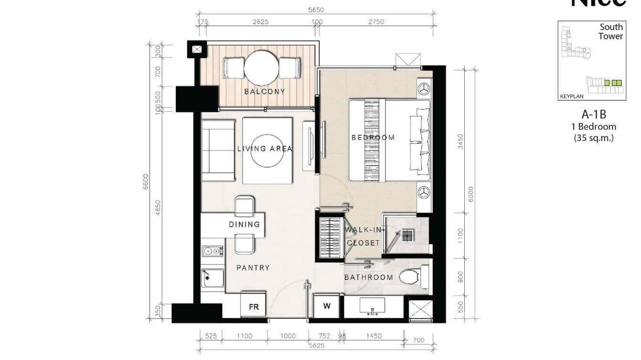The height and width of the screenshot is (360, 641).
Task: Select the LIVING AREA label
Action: [265, 148]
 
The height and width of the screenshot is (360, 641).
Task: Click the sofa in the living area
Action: [218, 150]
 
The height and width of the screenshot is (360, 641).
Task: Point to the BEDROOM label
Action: [373, 138]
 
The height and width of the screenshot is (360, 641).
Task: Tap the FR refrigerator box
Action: [254, 307]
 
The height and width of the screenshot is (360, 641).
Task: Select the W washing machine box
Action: [327, 306]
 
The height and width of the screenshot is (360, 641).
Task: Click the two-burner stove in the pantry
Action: [212, 251]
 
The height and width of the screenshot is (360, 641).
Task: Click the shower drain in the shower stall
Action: [407, 235]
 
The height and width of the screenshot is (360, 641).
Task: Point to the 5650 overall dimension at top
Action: [316, 10]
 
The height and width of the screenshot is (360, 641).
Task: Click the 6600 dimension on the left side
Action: [146, 182]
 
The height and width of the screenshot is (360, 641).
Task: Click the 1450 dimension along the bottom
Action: [374, 336]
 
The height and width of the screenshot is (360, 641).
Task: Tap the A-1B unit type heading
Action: [594, 114]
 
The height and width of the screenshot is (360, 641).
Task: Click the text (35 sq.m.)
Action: [594, 138]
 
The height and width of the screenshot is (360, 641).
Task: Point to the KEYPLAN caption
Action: [572, 96]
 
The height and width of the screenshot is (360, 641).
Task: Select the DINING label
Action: [244, 224]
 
